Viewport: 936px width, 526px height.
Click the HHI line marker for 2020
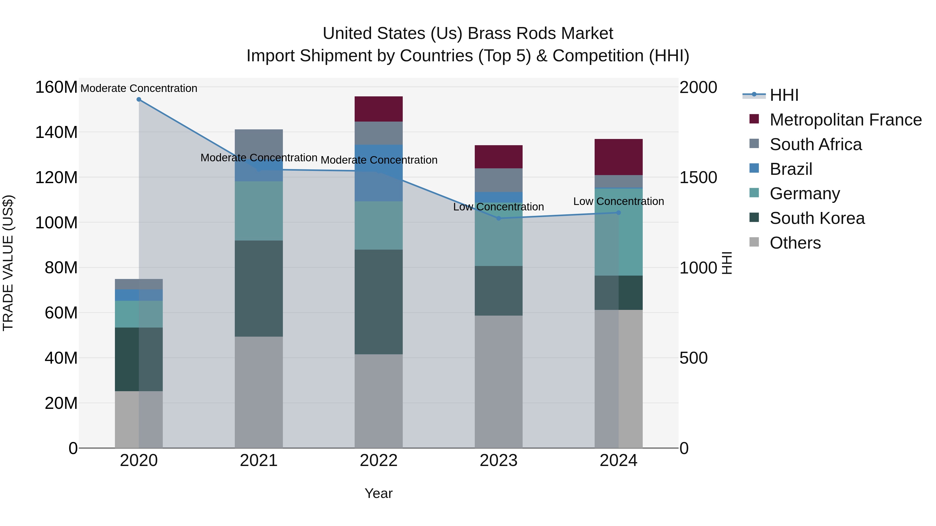(x=139, y=99)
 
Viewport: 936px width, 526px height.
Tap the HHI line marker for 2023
(x=498, y=218)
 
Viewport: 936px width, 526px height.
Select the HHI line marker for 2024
(x=619, y=213)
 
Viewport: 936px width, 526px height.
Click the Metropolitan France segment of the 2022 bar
(x=379, y=109)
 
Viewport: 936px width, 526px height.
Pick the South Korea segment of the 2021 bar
(x=259, y=288)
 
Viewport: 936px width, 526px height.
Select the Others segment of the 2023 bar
(x=498, y=381)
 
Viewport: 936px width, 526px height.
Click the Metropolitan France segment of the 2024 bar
(x=619, y=157)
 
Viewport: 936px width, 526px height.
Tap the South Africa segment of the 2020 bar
(x=139, y=284)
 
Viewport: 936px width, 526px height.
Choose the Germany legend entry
(x=804, y=194)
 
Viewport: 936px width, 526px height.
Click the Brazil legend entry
(x=791, y=169)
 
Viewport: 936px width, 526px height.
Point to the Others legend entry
(x=795, y=243)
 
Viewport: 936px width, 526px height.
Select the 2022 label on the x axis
(x=379, y=461)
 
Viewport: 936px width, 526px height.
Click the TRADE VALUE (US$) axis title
(x=8, y=263)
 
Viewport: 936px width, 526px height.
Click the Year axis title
(x=378, y=493)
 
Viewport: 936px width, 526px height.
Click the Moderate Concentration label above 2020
(x=139, y=88)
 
